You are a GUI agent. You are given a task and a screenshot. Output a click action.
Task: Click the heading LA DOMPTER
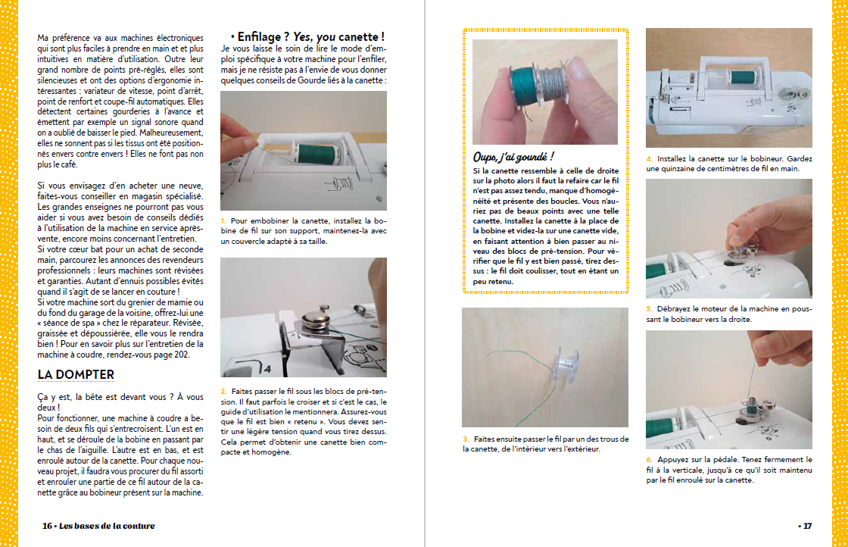point(76,374)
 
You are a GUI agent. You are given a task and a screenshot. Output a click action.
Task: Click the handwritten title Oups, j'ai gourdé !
point(513,157)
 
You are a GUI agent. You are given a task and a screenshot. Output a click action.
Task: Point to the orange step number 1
point(223,220)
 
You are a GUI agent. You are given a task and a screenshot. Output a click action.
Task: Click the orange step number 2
point(223,391)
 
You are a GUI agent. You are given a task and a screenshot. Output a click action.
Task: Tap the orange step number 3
point(466,439)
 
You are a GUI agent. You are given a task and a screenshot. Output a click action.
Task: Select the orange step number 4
point(649,158)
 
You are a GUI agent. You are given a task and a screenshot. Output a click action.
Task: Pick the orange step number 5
point(649,309)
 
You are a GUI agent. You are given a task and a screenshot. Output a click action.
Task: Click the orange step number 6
point(649,459)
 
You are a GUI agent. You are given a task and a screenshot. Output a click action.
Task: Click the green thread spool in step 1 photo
point(318,154)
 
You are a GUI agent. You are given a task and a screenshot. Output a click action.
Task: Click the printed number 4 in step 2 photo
point(267,368)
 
